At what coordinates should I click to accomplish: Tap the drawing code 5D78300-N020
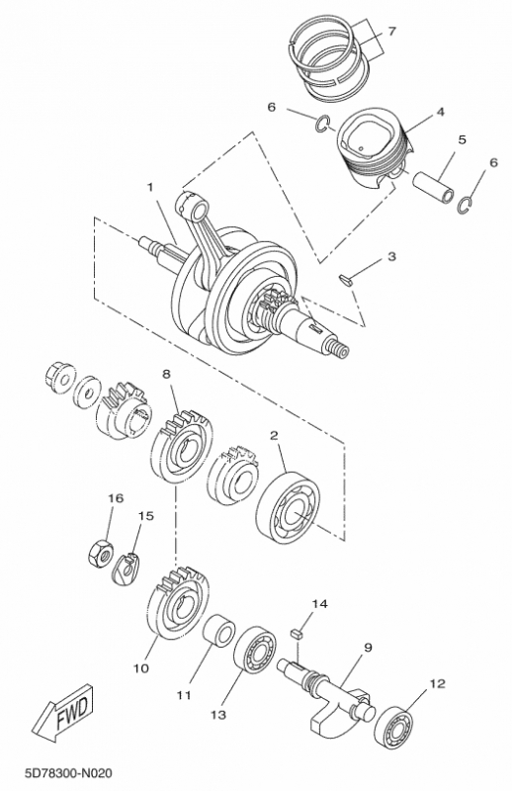[68, 773]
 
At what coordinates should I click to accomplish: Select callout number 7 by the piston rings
[392, 32]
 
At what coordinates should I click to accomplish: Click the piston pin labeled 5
[434, 188]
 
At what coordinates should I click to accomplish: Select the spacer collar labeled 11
[218, 630]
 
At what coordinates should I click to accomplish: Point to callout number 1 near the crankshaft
[150, 188]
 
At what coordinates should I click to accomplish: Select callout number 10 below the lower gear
[141, 668]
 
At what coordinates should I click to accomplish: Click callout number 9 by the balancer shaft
[368, 647]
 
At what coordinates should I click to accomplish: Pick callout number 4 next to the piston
[441, 112]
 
